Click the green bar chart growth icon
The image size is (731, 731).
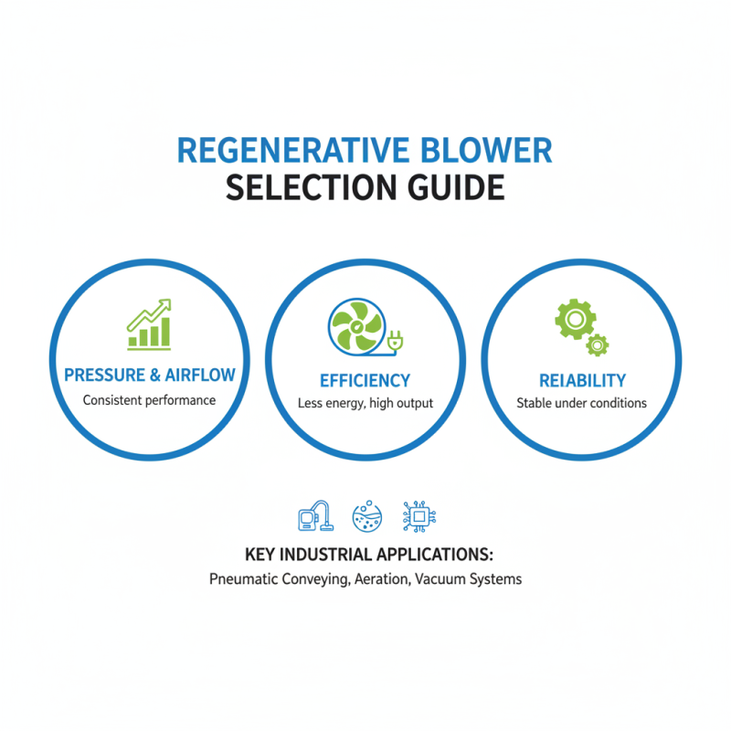point(149,323)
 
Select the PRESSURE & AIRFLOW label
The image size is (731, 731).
point(149,375)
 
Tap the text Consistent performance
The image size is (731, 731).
point(149,400)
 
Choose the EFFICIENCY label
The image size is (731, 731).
point(365,380)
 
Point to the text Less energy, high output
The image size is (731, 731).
point(365,403)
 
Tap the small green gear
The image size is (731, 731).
point(597,344)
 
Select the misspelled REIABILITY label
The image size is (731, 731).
point(582,380)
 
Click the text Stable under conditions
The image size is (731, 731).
point(582,403)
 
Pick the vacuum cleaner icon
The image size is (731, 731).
point(313,516)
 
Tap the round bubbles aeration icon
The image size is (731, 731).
point(366,516)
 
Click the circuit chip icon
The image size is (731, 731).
point(419,516)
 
